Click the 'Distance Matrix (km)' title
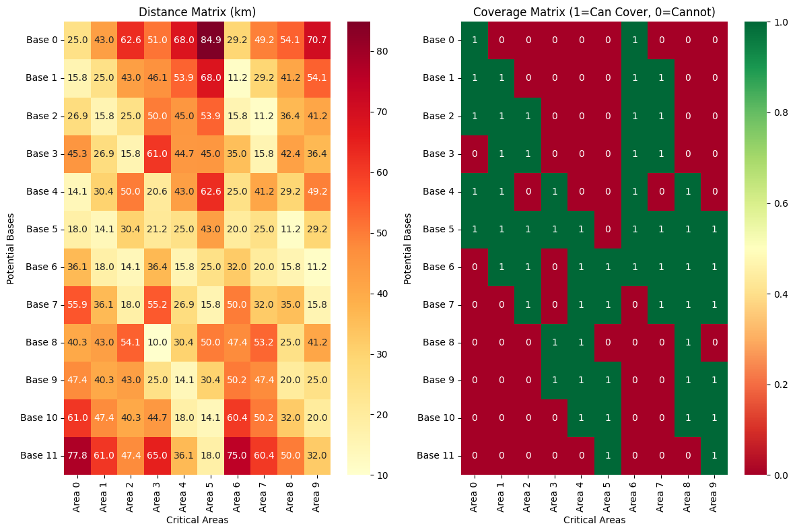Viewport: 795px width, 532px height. (197, 12)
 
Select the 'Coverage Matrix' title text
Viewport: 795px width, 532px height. (594, 12)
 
